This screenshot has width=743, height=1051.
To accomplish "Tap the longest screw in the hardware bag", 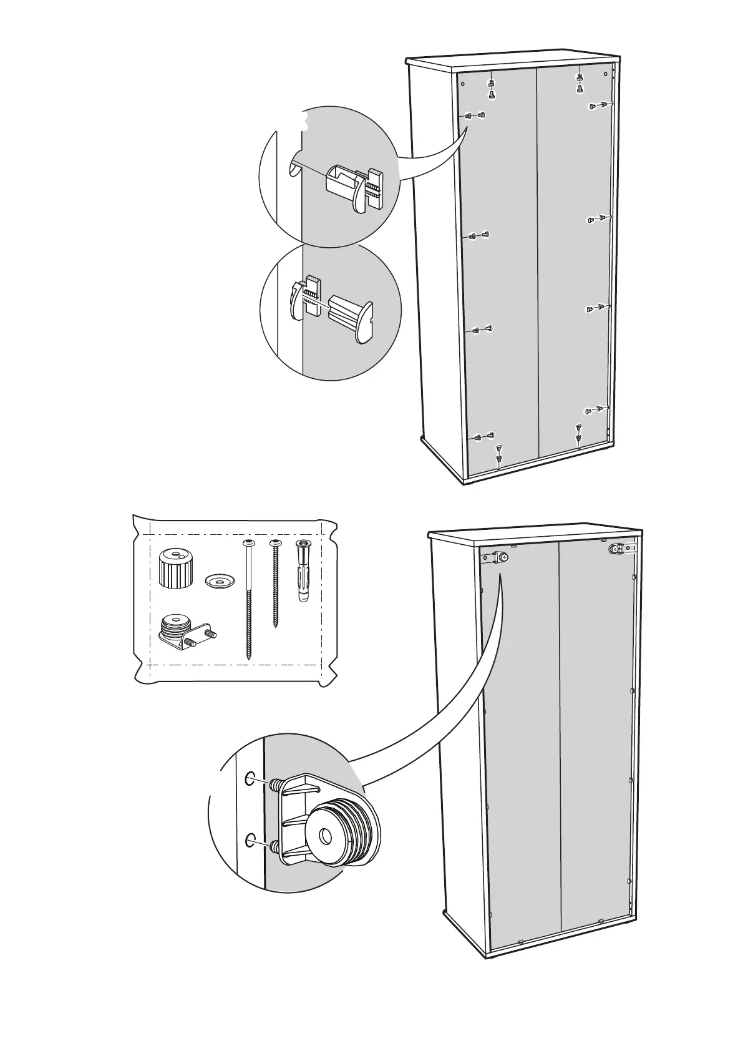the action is pos(250,599).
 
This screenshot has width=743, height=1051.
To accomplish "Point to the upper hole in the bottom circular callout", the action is pos(250,778).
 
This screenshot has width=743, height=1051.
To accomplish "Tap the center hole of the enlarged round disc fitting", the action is pos(326,836).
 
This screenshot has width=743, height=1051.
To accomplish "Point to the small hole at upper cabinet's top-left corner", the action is pos(462,84).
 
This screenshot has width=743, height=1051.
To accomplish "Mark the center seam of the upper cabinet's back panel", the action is pos(537,262).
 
